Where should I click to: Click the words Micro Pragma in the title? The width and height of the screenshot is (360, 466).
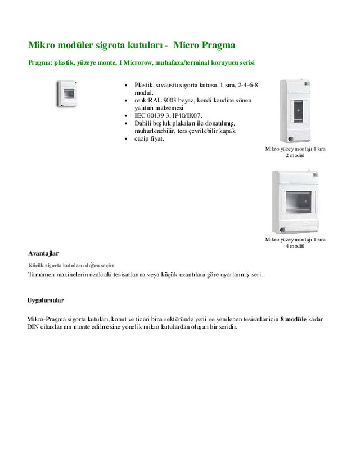point(206,45)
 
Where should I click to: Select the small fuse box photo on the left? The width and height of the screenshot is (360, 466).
point(67,93)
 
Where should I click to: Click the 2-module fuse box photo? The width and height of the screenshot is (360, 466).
point(295,111)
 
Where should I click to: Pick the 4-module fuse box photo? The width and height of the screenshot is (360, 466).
point(295,201)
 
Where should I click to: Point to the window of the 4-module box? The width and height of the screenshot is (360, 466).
point(298,200)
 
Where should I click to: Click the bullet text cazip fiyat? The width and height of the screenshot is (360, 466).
point(149,138)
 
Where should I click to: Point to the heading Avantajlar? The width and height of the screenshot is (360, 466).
point(44,253)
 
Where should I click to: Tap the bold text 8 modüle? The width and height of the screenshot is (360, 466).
point(293,319)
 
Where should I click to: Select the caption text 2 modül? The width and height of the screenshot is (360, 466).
point(295,155)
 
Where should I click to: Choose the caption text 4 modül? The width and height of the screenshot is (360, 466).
point(295,246)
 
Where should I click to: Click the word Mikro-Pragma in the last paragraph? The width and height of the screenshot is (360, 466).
point(46,319)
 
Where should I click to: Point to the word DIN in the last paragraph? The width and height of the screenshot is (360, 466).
point(33,327)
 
